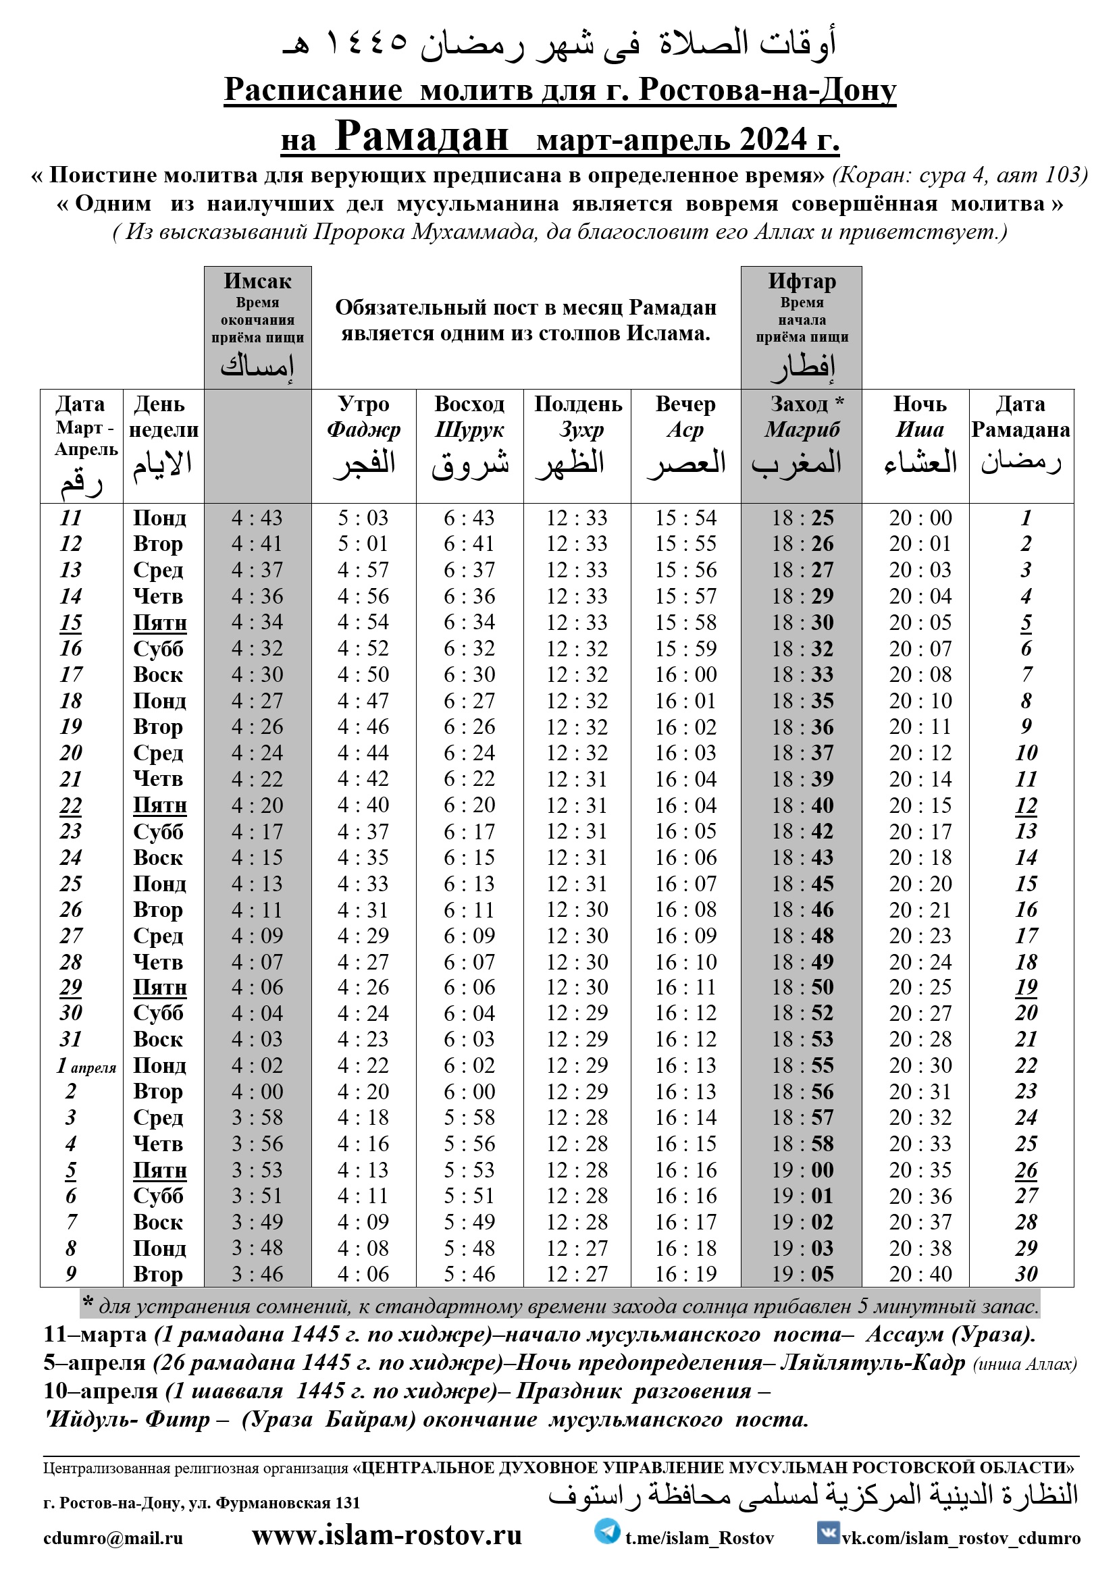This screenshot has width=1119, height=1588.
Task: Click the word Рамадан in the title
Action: [421, 136]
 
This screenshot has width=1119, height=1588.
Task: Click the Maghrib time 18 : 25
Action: [803, 518]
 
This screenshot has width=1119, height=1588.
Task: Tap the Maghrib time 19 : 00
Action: [803, 1169]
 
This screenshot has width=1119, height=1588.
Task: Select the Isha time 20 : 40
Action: [920, 1274]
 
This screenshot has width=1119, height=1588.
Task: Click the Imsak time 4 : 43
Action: [257, 518]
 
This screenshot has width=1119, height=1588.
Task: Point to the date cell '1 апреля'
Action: [86, 1066]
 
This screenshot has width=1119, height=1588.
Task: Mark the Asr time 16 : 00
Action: [686, 674]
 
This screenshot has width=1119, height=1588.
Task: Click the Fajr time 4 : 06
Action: [363, 1274]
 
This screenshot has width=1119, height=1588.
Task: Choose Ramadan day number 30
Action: [1026, 1274]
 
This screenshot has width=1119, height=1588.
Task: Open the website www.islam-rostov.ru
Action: [386, 1535]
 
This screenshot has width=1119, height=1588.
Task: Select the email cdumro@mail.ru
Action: [113, 1538]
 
